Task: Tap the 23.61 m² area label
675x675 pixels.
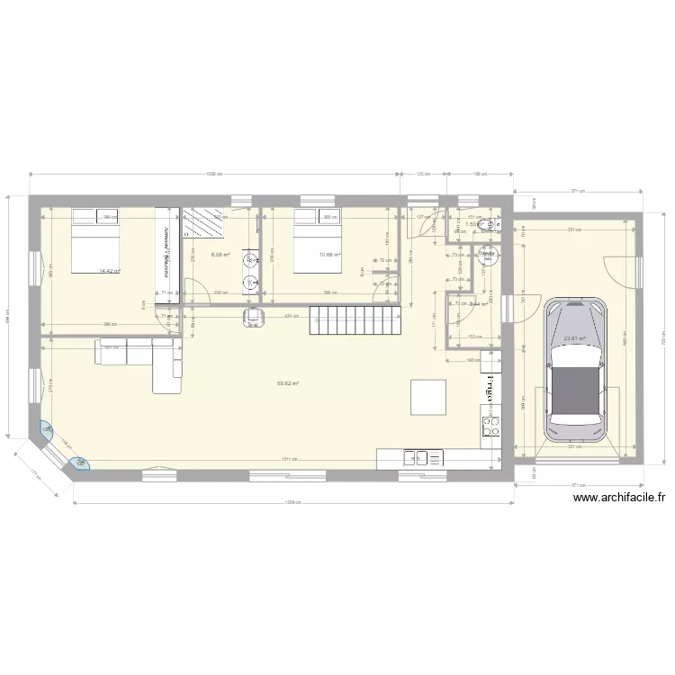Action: pyautogui.click(x=574, y=339)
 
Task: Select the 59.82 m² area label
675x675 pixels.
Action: pyautogui.click(x=288, y=383)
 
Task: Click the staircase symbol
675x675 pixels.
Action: pyautogui.click(x=355, y=319)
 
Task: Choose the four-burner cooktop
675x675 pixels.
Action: pyautogui.click(x=491, y=426)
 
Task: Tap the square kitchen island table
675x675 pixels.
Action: pyautogui.click(x=428, y=396)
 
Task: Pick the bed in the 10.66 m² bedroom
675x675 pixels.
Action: pyautogui.click(x=317, y=238)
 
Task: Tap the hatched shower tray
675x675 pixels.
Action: pyautogui.click(x=205, y=222)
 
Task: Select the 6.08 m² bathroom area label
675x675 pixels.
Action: pyautogui.click(x=220, y=255)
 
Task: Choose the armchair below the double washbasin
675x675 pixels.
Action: pyautogui.click(x=256, y=316)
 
